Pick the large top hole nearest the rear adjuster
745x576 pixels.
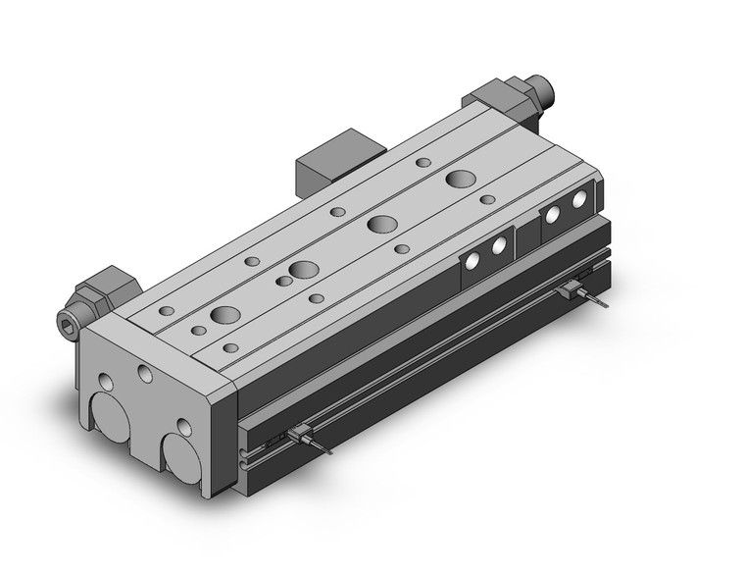(459, 179)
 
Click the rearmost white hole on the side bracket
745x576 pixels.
(579, 199)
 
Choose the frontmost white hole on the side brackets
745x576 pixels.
(473, 259)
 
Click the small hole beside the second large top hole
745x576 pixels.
(284, 282)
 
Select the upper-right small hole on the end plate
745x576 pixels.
(145, 373)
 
